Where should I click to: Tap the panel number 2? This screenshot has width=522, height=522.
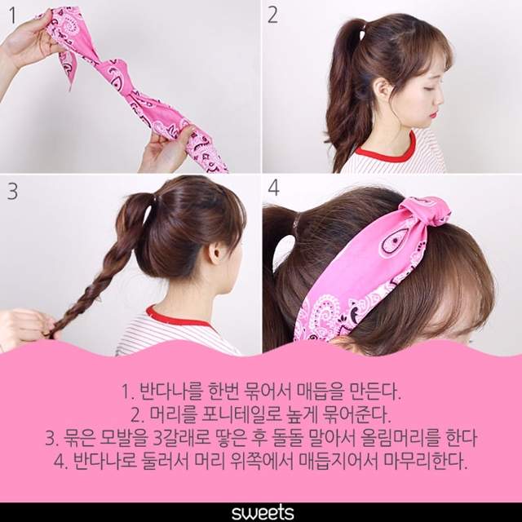tap(272, 15)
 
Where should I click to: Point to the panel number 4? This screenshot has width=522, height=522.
tap(273, 188)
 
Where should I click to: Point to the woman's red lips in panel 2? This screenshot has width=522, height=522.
tap(433, 115)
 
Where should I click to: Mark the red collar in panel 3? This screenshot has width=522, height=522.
tap(175, 316)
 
